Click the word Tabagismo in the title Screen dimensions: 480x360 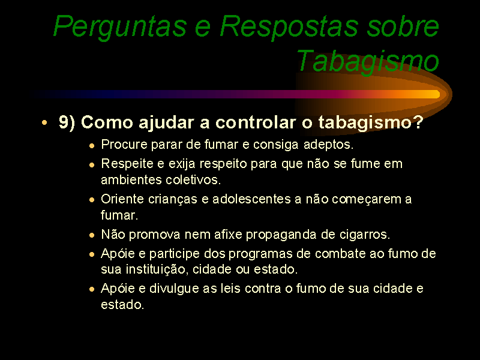[x=368, y=61]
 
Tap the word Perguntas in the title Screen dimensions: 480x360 [x=121, y=27]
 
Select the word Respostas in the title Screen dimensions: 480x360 [x=289, y=27]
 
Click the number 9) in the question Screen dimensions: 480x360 [x=67, y=122]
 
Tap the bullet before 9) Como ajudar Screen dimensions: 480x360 [x=44, y=123]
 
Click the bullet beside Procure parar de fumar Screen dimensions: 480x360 [x=92, y=146]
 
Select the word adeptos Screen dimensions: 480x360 [x=328, y=145]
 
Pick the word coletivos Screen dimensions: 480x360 [x=193, y=180]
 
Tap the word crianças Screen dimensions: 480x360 [x=173, y=199]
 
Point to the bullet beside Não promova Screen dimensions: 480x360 [x=92, y=235]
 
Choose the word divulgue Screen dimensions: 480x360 [x=174, y=289]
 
